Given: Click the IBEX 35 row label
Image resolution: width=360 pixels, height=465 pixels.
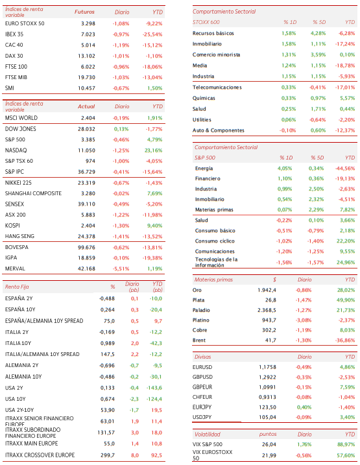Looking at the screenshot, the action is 14,34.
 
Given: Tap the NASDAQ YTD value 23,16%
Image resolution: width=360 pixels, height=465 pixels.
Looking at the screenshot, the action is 153,150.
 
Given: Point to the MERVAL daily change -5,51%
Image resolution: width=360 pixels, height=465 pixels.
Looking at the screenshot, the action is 121,268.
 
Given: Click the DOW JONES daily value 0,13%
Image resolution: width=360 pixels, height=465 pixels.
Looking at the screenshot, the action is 121,129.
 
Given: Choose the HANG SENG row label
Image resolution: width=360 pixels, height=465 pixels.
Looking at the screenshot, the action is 19,236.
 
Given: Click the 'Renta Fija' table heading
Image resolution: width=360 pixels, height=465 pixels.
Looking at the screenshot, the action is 17,287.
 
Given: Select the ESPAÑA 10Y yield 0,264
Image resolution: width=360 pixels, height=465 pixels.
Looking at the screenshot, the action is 107,309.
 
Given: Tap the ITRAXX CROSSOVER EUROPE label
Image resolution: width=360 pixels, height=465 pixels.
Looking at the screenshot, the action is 40,455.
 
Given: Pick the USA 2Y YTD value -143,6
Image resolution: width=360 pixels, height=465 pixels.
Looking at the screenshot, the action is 154,388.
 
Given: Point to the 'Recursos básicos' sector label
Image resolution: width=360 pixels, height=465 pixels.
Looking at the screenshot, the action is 213,33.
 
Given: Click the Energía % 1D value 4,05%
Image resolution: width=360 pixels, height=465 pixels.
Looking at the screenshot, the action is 285,168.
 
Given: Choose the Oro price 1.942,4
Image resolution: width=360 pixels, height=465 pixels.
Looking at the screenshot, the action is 267,290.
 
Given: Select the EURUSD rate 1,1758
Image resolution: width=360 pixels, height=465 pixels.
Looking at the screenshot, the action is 267,367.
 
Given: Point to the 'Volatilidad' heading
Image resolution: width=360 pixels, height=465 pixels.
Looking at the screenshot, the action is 208,435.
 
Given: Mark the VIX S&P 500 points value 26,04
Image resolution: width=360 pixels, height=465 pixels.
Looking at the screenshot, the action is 269,444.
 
